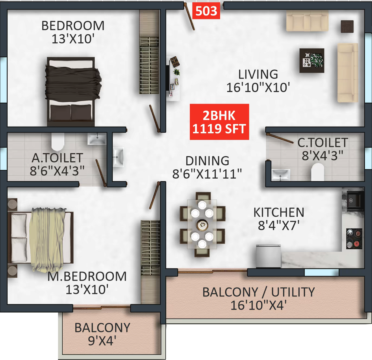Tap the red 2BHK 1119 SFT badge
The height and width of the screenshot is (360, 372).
point(219,122)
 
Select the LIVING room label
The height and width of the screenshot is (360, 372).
point(258,74)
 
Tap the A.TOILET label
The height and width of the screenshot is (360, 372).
point(57,158)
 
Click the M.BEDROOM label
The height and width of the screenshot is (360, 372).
point(87,277)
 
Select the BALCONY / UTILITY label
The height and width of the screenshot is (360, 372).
point(258,292)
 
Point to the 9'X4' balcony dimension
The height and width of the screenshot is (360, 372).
point(102,341)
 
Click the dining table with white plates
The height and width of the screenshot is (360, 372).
point(202,224)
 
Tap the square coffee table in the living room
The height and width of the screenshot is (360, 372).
point(312,60)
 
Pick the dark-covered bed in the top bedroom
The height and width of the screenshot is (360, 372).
point(71,91)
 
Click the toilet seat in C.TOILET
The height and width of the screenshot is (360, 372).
point(318,172)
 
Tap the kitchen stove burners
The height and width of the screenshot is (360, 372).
point(354,239)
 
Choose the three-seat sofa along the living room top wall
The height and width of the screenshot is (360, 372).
point(307,21)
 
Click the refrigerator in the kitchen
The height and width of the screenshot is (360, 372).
point(268,256)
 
